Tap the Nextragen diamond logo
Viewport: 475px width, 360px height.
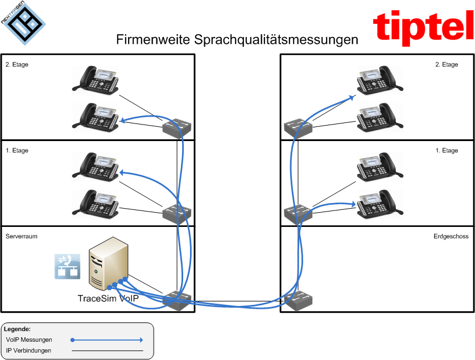tap(22, 22)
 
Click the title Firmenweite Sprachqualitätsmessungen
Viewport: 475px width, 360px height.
tap(237, 40)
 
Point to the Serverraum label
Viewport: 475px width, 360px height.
tap(22, 235)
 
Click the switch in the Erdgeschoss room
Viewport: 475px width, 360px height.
tap(298, 301)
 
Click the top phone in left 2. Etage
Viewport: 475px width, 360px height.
tap(96, 80)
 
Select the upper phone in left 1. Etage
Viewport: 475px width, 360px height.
tap(96, 166)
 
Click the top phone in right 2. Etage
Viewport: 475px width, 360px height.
tap(376, 80)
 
